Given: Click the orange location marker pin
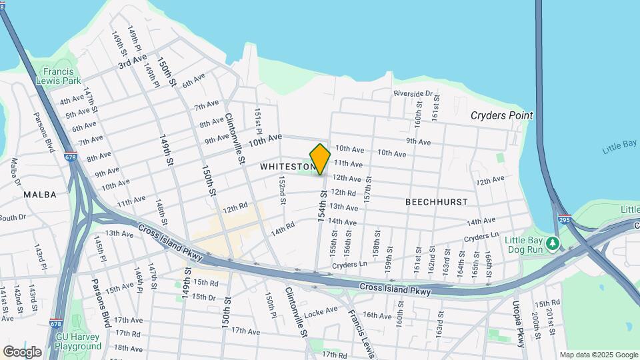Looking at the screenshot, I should click(x=320, y=159).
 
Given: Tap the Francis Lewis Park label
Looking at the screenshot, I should click(x=61, y=76).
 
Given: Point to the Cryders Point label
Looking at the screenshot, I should click(x=501, y=115).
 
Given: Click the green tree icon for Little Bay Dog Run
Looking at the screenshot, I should click(x=552, y=243).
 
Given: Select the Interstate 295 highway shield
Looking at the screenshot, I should click(x=564, y=219).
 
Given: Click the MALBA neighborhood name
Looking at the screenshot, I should click(x=39, y=195).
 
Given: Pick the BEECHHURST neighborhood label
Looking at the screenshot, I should click(x=437, y=201).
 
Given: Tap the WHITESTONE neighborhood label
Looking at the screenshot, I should click(x=287, y=167).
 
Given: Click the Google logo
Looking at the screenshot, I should click(x=22, y=352).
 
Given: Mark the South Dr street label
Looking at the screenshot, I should click(x=12, y=217).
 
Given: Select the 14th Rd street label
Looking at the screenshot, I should click(x=282, y=228).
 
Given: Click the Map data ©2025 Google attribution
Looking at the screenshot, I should click(x=598, y=355).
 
